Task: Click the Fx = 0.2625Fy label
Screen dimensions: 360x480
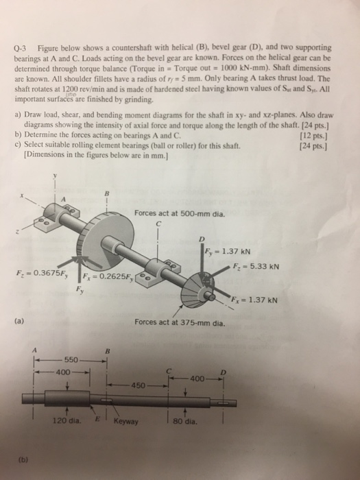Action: (107, 277)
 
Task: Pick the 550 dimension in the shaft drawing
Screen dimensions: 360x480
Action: (72, 359)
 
